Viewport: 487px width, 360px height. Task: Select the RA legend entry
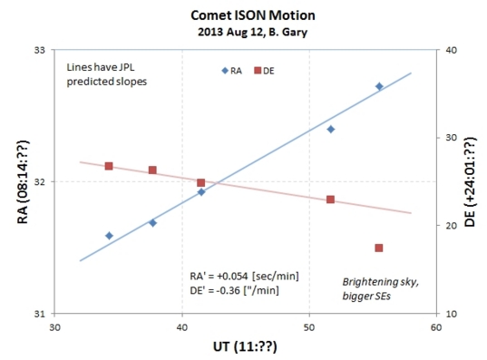coord(230,70)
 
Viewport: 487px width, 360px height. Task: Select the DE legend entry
coord(264,70)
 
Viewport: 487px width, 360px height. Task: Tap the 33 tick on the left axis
coord(40,50)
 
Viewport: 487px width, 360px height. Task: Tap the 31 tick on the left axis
coord(40,314)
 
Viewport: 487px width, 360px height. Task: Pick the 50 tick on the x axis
coord(309,327)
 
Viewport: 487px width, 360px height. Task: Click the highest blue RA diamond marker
coord(379,86)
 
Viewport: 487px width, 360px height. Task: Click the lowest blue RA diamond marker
coord(109,236)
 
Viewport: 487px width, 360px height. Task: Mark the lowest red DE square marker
coord(378,248)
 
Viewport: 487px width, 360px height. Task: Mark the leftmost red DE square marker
coord(109,166)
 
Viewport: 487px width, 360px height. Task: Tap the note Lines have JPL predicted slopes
coord(107,74)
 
